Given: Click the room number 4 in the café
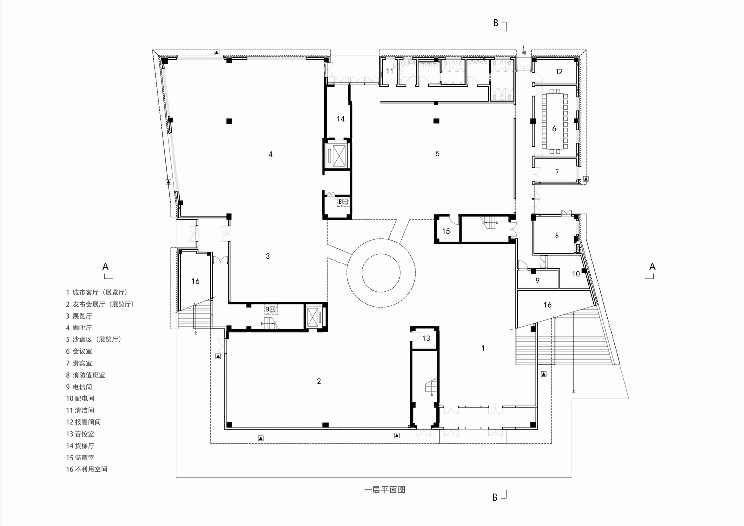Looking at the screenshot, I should coord(270,154).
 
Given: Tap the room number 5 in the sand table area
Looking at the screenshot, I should coord(437,154).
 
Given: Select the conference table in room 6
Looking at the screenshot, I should coord(554,121).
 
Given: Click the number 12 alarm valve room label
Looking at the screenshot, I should coord(559,72).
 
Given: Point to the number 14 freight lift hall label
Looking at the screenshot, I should coord(340,119).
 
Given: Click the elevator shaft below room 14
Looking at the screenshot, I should coord(337,156).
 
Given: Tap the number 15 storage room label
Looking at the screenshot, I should coord(446,231).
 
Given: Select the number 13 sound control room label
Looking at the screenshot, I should coord(426,339).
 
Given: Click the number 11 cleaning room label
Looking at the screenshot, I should coord(390,71).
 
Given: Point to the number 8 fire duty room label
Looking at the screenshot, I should coord(557,235).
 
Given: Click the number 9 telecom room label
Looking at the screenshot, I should coord(537,281).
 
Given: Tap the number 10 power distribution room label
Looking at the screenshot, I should coord(576,274).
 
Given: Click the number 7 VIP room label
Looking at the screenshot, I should coord(557,172).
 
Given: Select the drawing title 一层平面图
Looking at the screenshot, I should coord(385,490).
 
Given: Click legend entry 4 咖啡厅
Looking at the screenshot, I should coord(79,328).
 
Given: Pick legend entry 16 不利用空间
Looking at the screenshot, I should coord(87,469).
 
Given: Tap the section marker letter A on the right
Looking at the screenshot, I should coord(652,267).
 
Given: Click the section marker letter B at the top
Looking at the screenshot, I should coord(495,23).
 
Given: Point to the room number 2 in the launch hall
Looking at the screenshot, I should coord(319,381).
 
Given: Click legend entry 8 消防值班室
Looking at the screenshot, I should coord(86,375).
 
